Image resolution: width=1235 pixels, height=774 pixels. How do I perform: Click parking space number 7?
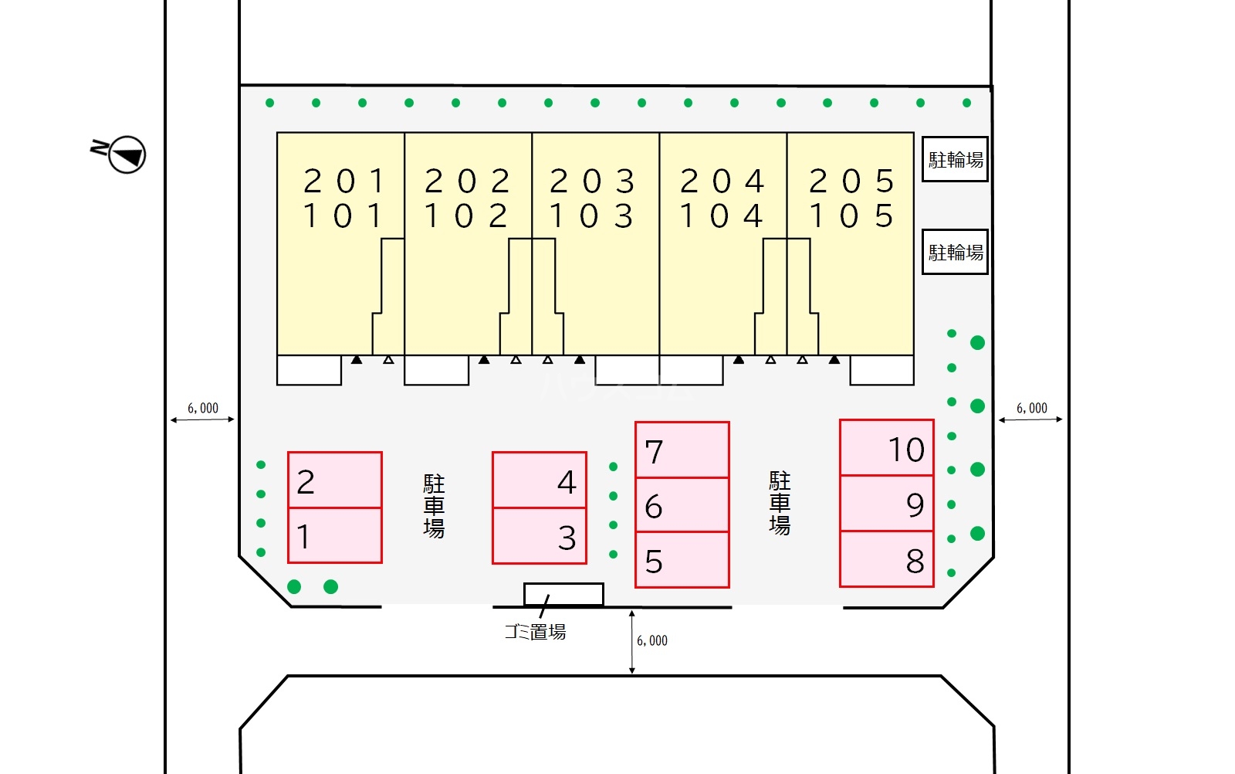pyautogui.click(x=682, y=450)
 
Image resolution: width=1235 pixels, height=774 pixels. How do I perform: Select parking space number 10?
pyautogui.click(x=887, y=447)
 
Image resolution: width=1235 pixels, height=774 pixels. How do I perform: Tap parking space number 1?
pyautogui.click(x=335, y=535)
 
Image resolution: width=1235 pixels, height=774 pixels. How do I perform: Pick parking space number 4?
pyautogui.click(x=540, y=480)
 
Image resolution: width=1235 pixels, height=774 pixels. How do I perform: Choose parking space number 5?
pyautogui.click(x=682, y=560)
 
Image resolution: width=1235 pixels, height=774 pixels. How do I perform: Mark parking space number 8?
pyautogui.click(x=887, y=558)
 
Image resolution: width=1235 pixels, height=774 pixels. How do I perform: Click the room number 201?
pyautogui.click(x=344, y=181)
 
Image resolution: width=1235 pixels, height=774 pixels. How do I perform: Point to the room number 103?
pyautogui.click(x=591, y=216)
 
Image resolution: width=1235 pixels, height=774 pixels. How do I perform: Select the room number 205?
pyautogui.click(x=851, y=181)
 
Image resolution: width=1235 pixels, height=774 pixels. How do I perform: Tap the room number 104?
pyautogui.click(x=721, y=216)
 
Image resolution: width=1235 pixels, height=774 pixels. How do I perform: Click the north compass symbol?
pyautogui.click(x=119, y=154)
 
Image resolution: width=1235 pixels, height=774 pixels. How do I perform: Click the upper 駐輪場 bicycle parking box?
pyautogui.click(x=955, y=159)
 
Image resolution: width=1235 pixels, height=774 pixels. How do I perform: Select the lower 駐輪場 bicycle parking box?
pyautogui.click(x=955, y=252)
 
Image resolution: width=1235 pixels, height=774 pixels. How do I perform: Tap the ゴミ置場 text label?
pyautogui.click(x=535, y=632)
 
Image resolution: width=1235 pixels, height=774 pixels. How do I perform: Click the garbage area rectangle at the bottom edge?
pyautogui.click(x=563, y=594)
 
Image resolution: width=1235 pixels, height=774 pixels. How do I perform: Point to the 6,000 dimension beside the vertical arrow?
pyautogui.click(x=651, y=640)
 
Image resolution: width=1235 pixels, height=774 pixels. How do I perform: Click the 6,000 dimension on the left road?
pyautogui.click(x=203, y=408)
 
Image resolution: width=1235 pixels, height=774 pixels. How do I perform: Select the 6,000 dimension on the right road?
pyautogui.click(x=1031, y=408)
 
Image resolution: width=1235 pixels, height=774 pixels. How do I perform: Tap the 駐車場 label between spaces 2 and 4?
pyautogui.click(x=434, y=506)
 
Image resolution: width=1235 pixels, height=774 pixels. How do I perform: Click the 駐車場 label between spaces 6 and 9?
pyautogui.click(x=780, y=503)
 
